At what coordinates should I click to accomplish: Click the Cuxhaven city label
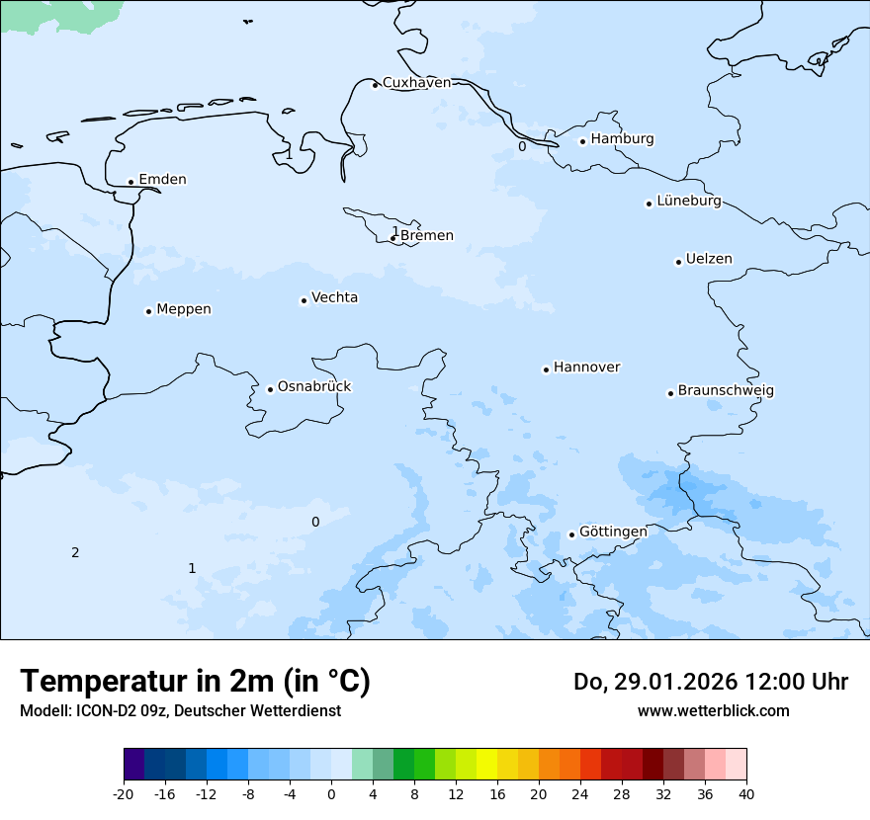(x=416, y=83)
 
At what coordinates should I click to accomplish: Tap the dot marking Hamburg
(x=582, y=141)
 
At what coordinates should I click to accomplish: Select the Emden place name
(x=162, y=180)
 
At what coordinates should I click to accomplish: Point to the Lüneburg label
(x=688, y=202)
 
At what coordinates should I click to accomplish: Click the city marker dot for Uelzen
(x=678, y=262)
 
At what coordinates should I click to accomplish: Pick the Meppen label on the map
(x=184, y=309)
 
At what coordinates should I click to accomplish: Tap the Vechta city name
(x=334, y=297)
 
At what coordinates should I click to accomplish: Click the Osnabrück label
(x=314, y=387)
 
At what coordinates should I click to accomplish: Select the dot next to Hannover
(x=546, y=369)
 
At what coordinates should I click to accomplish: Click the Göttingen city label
(x=613, y=532)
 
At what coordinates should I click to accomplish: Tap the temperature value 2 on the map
(x=75, y=552)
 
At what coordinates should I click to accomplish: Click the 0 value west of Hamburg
(x=522, y=147)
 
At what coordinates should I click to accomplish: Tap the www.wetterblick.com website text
(x=713, y=710)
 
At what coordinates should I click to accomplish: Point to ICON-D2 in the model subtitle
(x=101, y=711)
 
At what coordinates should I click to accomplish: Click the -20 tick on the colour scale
(x=124, y=793)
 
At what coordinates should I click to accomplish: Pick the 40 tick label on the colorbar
(x=746, y=793)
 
